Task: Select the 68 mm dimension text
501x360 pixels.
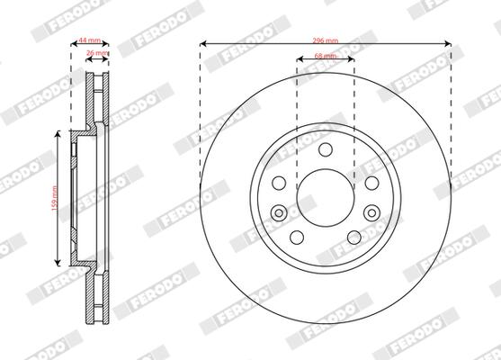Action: [325, 56]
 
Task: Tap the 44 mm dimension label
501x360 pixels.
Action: [89, 41]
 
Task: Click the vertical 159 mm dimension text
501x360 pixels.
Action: [55, 198]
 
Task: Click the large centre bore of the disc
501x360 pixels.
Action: [325, 197]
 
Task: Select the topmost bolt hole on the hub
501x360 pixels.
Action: [325, 148]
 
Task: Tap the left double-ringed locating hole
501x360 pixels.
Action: [279, 212]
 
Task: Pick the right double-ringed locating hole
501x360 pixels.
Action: [371, 212]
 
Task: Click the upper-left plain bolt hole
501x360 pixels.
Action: [279, 182]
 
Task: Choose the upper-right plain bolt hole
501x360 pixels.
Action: [371, 182]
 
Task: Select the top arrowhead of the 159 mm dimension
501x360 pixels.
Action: [61, 133]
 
